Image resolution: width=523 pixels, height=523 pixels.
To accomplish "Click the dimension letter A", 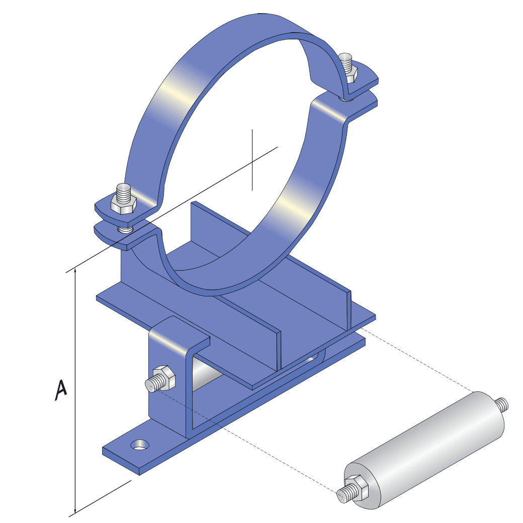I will pos(61,391).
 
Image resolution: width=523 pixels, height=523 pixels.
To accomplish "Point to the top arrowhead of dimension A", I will pos(75,272).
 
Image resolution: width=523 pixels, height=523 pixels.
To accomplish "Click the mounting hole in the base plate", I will pos(139,445).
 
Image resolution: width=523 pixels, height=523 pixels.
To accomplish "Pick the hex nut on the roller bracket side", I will pos(164,378).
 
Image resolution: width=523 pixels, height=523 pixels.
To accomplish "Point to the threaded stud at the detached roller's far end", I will pos(502,404).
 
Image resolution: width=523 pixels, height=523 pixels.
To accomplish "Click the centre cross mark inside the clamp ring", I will pos(253,159).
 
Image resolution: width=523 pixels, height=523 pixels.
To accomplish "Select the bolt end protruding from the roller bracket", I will pos(151,385).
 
